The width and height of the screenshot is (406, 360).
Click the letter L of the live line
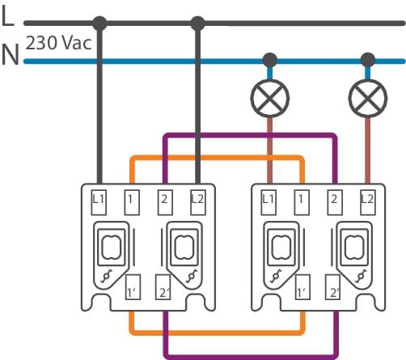click(x=7, y=15)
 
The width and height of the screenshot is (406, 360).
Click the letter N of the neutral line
click(x=11, y=55)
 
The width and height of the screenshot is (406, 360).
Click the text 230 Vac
click(x=58, y=43)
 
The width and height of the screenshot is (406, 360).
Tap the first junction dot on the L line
click(x=99, y=23)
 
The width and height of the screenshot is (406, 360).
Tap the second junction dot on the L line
click(x=197, y=23)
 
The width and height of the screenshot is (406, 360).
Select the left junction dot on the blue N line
click(x=269, y=60)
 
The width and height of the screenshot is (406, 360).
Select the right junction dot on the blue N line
click(x=368, y=60)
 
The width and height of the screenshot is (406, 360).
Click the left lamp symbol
click(x=269, y=98)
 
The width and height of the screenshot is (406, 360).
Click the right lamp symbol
click(x=368, y=98)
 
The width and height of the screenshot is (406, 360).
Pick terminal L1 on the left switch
click(x=99, y=202)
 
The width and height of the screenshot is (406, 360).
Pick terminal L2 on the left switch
click(x=198, y=202)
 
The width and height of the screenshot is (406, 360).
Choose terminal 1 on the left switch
click(x=132, y=202)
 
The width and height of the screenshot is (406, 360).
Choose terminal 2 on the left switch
click(x=165, y=202)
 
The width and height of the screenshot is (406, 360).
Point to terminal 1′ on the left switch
click(x=133, y=287)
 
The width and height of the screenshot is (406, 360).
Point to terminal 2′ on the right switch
click(x=332, y=287)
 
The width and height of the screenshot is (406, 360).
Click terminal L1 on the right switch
click(x=269, y=202)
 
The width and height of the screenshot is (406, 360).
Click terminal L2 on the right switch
click(x=368, y=202)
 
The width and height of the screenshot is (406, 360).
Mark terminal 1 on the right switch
click(x=302, y=202)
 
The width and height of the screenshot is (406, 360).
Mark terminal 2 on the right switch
click(x=335, y=202)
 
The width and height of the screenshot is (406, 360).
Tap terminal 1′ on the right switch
click(x=302, y=287)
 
